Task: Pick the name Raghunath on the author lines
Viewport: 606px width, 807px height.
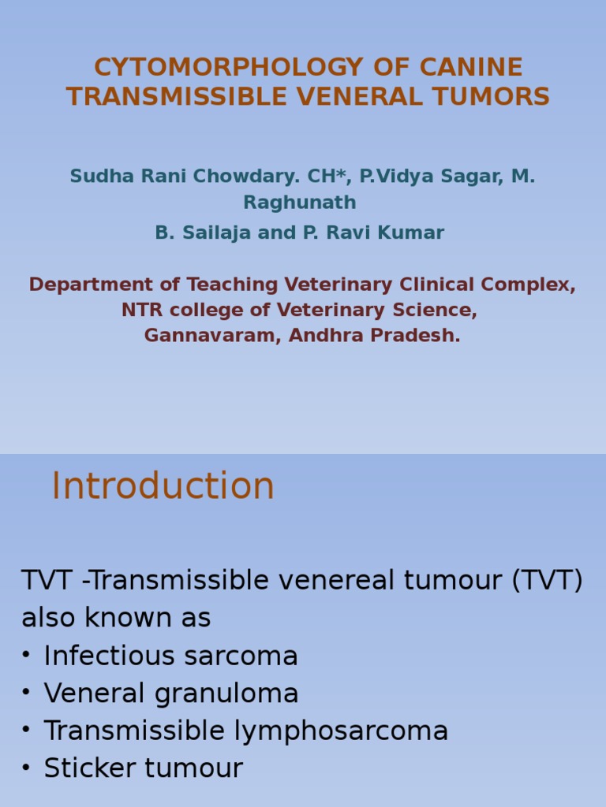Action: tap(300, 203)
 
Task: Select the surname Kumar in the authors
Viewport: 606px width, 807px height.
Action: tap(413, 232)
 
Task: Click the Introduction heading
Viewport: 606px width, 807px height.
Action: tap(163, 486)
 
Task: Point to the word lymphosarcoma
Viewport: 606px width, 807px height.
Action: tap(341, 731)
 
